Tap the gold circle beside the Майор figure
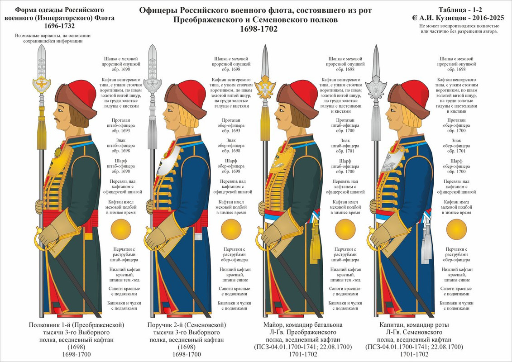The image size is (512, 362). (x=344, y=229)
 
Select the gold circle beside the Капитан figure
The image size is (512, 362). (x=456, y=229)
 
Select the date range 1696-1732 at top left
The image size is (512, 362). (x=59, y=26)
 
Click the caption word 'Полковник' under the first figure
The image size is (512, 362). (x=44, y=325)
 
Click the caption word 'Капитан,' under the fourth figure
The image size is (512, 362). (x=392, y=325)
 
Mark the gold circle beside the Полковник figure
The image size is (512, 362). (x=120, y=229)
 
